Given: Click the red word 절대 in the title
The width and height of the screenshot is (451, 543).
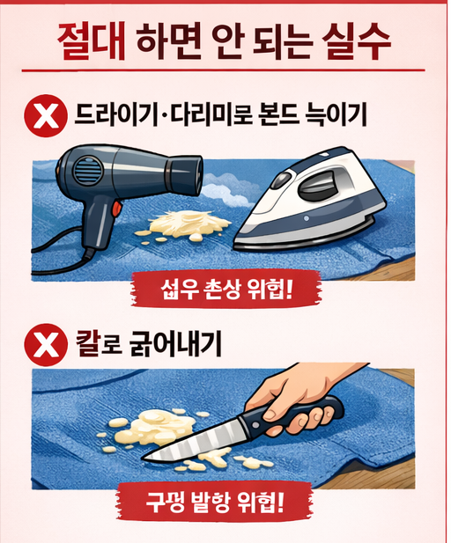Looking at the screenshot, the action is pos(92,42).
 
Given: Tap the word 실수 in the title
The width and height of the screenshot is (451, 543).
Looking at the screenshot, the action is pos(356,42).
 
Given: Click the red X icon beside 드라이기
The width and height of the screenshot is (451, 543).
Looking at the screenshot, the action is pos(46,116).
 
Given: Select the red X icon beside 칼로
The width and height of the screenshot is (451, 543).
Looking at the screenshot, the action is pos(46,345).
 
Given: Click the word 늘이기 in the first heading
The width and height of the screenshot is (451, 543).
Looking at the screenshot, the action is pos(336,115).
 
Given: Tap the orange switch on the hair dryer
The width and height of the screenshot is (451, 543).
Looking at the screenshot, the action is pos(117,209).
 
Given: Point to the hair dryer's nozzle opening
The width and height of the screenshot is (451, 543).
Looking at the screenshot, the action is pos(198,172).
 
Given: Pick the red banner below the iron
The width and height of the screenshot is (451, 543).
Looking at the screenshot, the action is pos(226,290).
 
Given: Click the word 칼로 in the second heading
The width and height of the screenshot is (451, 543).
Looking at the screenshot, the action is pos(100,344).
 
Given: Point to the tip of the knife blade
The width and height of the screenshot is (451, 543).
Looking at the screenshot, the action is pos(144,459).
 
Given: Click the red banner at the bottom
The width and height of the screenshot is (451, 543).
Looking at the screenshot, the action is pos(214,501).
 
